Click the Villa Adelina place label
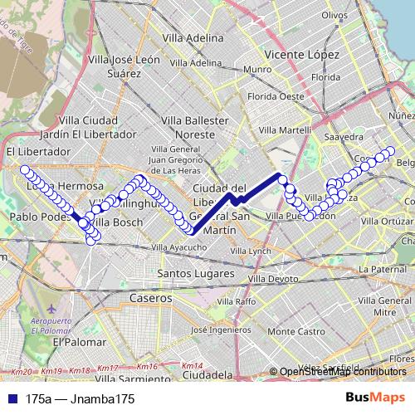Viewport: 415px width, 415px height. click(x=193, y=38)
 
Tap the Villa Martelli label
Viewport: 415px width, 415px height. click(x=285, y=129)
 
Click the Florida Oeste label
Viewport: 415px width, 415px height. click(x=281, y=95)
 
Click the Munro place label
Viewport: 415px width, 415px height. click(x=258, y=69)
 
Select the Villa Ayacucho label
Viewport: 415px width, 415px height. click(x=178, y=247)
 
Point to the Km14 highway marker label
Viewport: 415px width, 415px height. click(x=192, y=366)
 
